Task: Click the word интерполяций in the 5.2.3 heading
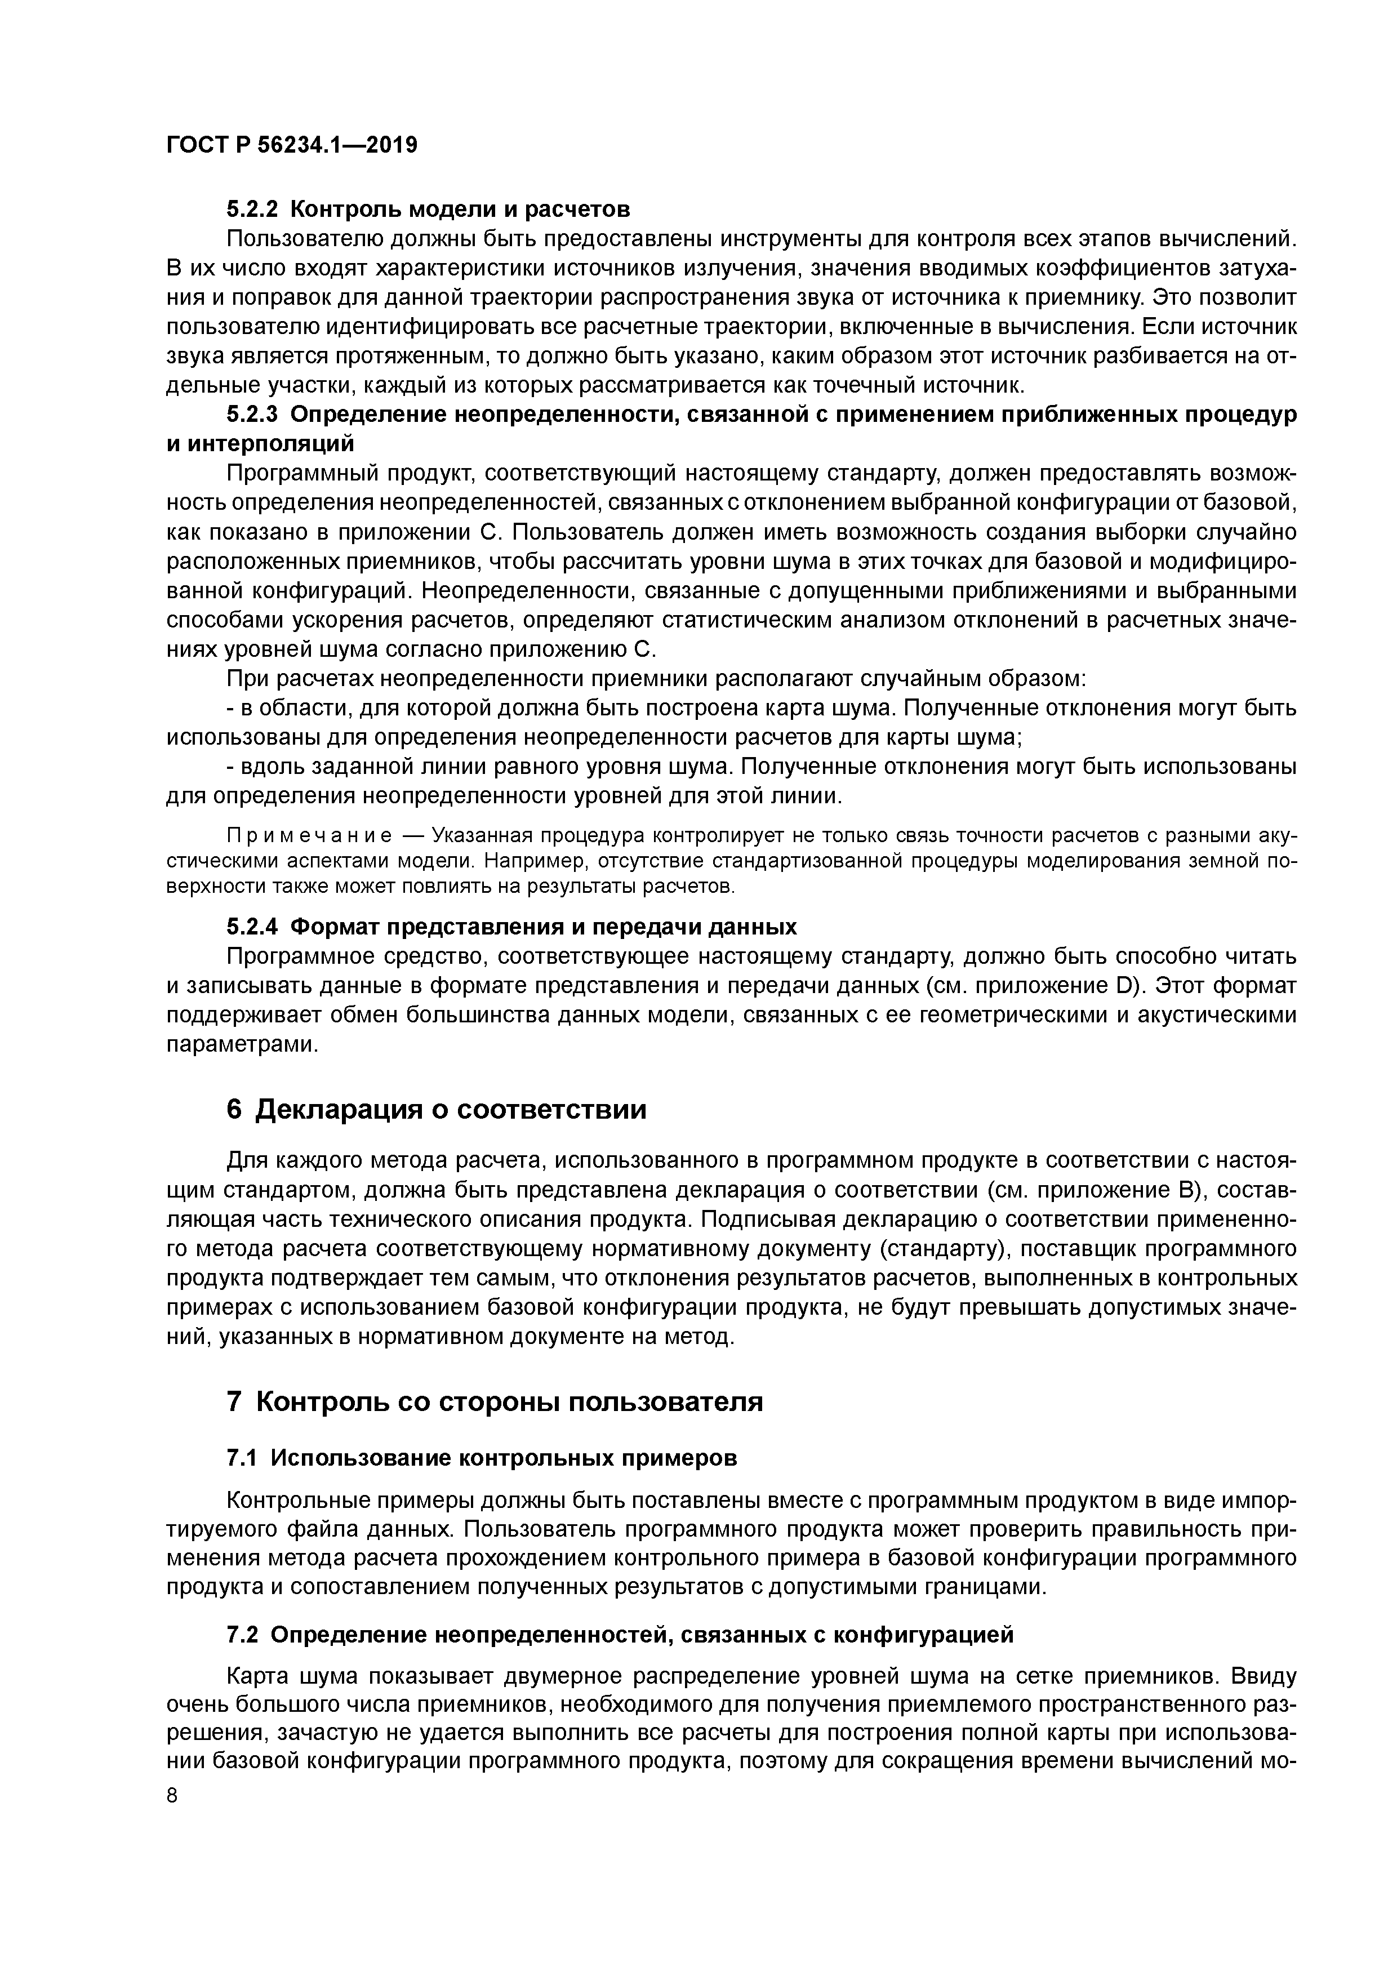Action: point(260,444)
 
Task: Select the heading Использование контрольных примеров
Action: point(504,1458)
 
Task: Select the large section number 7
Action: point(235,1402)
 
